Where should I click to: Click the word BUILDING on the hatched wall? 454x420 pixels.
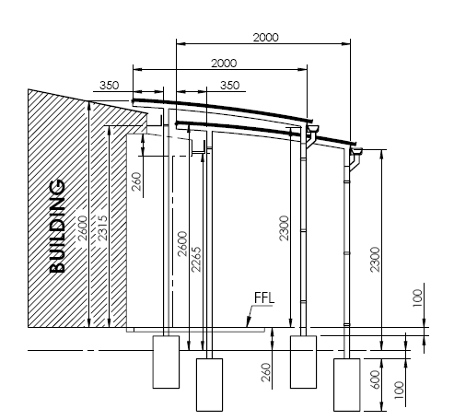57,227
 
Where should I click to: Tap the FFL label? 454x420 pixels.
264,297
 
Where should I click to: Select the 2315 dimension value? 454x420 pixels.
102,227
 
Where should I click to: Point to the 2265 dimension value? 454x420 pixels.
196,260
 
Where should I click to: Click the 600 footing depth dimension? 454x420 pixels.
375,379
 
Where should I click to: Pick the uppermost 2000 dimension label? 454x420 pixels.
266,38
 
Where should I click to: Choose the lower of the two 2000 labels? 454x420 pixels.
224,64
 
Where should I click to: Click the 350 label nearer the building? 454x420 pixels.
109,85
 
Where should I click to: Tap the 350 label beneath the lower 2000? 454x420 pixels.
229,85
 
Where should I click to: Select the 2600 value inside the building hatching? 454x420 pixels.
82,228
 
